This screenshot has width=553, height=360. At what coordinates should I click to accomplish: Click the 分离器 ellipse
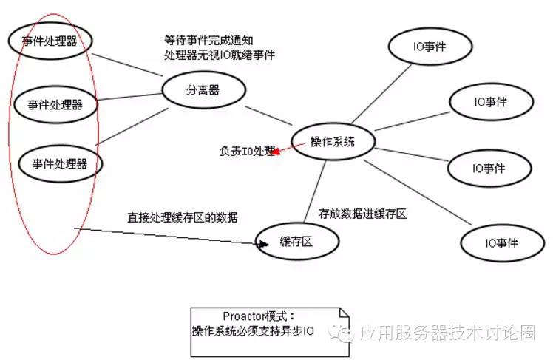pos(203,90)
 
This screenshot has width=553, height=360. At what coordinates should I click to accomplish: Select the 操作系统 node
pos(333,142)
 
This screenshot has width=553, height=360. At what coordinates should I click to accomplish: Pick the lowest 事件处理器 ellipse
pos(60,163)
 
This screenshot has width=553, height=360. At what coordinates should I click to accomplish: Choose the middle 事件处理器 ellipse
pos(56,103)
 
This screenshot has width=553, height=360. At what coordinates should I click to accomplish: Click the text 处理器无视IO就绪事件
pos(220,55)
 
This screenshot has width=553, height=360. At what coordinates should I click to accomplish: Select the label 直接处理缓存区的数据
pos(183,217)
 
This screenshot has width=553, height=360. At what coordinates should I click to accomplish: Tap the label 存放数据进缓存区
pos(362,214)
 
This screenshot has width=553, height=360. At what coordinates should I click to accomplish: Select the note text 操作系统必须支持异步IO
pos(253,331)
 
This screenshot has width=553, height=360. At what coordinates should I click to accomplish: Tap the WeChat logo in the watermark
pos(343,333)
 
